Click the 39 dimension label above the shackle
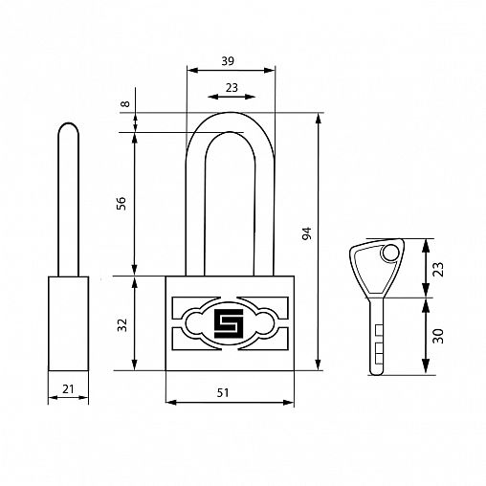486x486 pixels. coord(228,60)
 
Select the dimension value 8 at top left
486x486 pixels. coord(126,103)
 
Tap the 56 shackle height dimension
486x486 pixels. coord(121,204)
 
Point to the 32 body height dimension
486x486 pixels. coord(122,325)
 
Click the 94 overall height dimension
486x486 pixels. coord(306,233)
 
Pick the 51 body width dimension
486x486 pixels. coord(223,392)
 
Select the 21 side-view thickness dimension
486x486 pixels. coord(68,388)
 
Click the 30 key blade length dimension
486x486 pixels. coord(438,336)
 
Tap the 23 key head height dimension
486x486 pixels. coord(438,269)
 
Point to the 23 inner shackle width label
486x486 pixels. coord(232,87)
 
